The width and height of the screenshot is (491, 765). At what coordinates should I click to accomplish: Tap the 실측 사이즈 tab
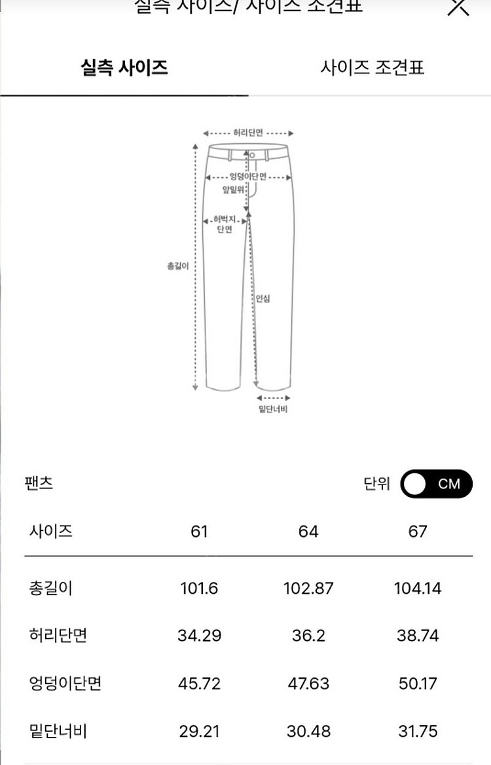point(124,67)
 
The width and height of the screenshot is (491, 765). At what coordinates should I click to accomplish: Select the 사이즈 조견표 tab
point(372,67)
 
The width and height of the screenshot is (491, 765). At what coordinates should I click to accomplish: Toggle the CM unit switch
point(436,484)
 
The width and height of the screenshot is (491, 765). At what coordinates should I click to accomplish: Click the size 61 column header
point(199,532)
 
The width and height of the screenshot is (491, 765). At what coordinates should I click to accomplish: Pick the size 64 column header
point(308,532)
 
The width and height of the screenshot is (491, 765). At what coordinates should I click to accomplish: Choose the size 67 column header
point(418,532)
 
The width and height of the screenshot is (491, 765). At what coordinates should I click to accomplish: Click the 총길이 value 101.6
point(199,588)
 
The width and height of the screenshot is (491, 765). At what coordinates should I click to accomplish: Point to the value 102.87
point(308,588)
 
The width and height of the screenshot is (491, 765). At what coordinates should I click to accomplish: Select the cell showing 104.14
point(418,588)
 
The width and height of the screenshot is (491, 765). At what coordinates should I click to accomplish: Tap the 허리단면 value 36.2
point(308,636)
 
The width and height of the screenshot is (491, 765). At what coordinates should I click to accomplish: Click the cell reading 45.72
point(199,684)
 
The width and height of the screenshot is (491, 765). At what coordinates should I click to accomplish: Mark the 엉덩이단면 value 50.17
point(418,684)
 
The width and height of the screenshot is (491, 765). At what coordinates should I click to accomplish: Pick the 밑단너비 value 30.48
point(308,731)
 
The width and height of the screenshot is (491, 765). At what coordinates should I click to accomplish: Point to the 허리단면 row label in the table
point(58,636)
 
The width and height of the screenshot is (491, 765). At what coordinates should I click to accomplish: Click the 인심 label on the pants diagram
point(263,299)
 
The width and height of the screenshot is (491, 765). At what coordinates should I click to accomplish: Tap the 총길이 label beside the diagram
point(178,266)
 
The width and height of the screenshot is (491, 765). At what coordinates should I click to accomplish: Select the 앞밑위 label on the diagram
point(232,190)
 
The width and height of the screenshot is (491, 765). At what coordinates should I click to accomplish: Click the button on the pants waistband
point(252,154)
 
